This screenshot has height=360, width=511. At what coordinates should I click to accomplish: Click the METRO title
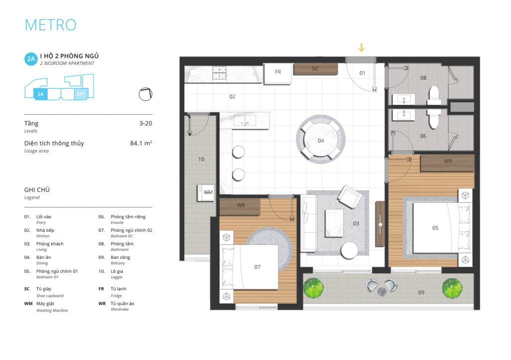pos(50,25)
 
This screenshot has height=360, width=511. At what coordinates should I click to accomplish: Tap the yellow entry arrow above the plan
pos(361,47)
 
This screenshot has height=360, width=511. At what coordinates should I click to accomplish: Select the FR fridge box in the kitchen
pos(277,74)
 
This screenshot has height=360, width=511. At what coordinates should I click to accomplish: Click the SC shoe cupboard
pos(315,69)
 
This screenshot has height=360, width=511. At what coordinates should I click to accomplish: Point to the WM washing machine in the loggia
pos(206,192)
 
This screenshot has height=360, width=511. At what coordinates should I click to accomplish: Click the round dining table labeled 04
pos(321,139)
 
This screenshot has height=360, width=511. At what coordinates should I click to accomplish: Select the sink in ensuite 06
pos(404,115)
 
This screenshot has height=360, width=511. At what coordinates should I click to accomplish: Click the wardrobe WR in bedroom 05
pos(447,163)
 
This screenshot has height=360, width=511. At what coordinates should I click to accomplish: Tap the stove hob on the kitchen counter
pos(220,73)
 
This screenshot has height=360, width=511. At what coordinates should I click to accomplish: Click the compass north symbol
pos(145,94)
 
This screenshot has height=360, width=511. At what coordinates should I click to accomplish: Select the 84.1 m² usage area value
pos(141,143)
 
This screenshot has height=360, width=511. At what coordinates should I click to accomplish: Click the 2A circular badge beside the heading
pos(31,59)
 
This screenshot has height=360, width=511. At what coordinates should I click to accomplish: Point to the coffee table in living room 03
pos(334,223)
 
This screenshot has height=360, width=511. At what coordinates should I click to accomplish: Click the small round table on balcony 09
pos(382,292)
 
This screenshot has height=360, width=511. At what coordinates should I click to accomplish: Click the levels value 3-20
pos(146,123)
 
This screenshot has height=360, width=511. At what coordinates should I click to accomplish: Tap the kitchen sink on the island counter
pos(245,121)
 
